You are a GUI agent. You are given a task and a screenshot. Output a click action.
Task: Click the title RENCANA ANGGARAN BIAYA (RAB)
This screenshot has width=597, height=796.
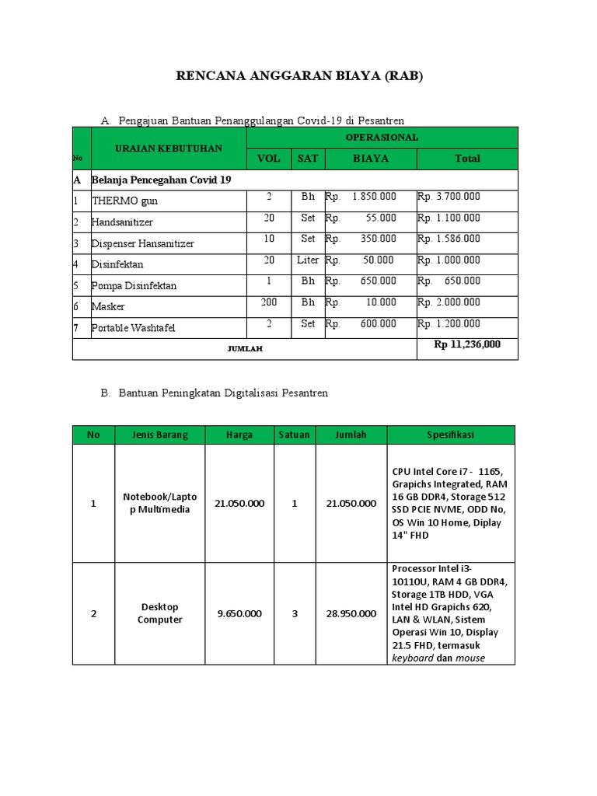pos(299,75)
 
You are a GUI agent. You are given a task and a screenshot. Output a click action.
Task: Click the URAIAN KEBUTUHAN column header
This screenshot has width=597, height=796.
pos(169,148)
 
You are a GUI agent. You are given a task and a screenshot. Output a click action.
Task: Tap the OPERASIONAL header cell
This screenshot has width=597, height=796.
pos(382,137)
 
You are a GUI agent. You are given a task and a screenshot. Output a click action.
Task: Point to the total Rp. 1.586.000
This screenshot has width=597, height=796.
pos(449,239)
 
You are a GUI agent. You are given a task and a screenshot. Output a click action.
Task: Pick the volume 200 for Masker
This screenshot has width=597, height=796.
pos(269,302)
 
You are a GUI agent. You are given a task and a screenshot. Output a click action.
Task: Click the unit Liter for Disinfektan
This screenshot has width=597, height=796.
pos(308,260)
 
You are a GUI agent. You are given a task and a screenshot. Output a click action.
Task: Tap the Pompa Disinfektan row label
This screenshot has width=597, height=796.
pos(134,285)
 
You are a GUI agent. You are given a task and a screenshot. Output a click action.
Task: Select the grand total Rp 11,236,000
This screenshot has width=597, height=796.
pos(467,344)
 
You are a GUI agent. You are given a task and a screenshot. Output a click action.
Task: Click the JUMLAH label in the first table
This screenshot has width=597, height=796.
pos(245,349)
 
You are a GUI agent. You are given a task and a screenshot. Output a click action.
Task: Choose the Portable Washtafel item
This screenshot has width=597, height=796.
pos(133,327)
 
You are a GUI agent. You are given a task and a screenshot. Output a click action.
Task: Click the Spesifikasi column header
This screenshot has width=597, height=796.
pos(451,435)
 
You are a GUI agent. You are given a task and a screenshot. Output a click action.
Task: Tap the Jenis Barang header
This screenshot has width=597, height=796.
pos(160,435)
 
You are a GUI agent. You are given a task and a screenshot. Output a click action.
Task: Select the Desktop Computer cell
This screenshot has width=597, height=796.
pos(160,613)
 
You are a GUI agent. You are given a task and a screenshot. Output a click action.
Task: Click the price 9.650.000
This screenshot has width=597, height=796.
pos(239,613)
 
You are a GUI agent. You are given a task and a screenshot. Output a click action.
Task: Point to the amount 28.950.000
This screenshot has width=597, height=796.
pos(351,613)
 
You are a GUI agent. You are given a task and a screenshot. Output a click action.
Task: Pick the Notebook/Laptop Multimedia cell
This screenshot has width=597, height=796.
pos(160,503)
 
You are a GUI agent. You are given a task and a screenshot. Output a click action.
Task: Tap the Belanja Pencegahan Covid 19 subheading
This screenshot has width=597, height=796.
pos(161,180)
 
